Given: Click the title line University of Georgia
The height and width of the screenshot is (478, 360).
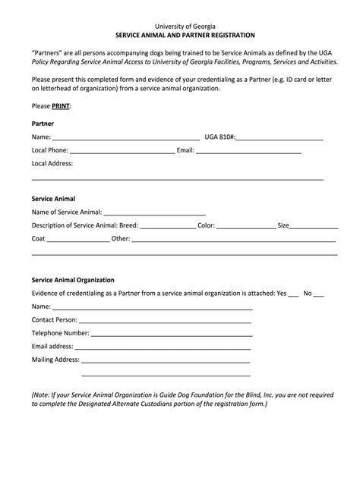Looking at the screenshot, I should click(179, 26).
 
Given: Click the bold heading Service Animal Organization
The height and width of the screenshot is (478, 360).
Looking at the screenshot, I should click(73, 279).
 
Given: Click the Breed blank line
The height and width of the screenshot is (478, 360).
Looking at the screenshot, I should click(167, 225).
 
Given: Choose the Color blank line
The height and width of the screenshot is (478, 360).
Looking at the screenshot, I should click(246, 225).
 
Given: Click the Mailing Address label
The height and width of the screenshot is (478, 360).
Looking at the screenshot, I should click(55, 359).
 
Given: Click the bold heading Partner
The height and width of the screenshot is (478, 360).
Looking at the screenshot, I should click(43, 124).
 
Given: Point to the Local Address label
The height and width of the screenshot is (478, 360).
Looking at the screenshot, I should click(52, 163).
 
